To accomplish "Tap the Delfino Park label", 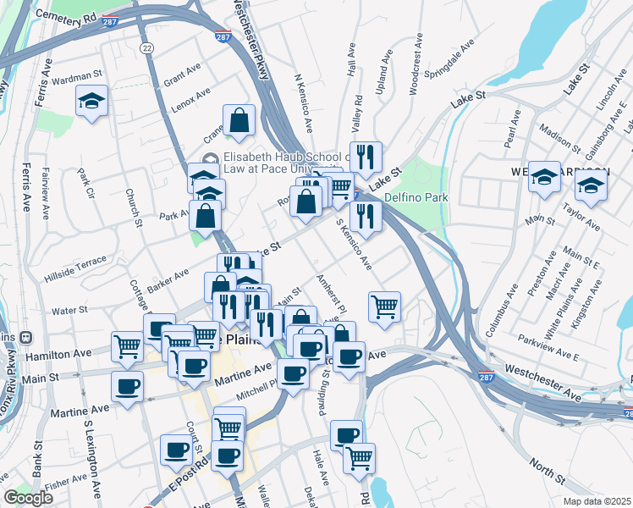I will coord(416,198).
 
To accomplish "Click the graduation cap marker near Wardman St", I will coord(91,102).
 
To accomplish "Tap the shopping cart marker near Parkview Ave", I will coord(384,306).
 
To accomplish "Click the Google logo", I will coord(28,498).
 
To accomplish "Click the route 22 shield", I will coord(147,49).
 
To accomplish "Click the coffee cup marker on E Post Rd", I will coord(176,449).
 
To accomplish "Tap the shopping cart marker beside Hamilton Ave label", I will coord(127,345).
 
